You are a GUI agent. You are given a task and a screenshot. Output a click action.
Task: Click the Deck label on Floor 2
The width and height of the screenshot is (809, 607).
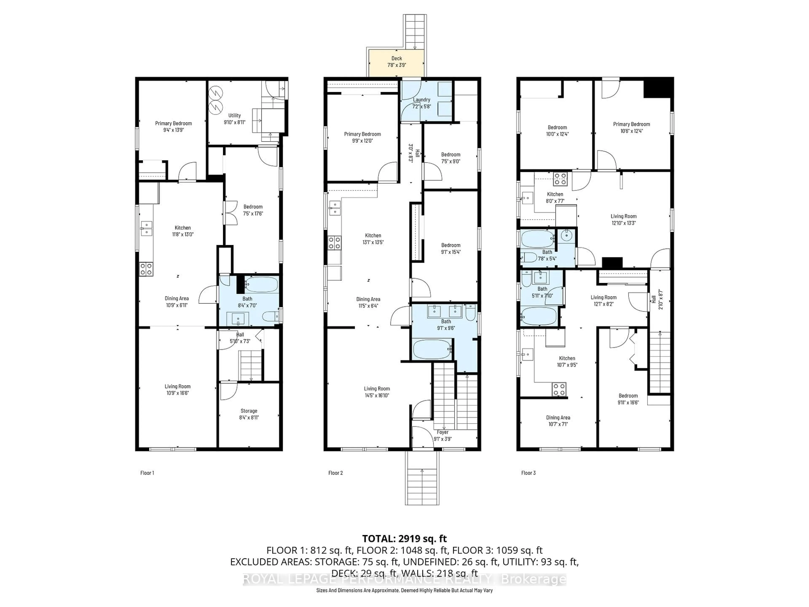pos(396,58)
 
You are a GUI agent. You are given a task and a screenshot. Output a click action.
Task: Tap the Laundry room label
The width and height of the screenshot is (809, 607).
pos(421,99)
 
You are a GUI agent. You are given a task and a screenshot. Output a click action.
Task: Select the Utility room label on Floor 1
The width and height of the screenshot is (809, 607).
pos(234,115)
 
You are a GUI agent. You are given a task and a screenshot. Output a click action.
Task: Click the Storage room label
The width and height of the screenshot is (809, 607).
pos(249,411)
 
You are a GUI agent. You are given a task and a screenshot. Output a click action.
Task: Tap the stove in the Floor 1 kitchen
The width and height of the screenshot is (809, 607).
pos(146,269)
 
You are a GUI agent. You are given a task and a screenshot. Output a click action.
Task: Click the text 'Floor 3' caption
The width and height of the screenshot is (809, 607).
pos(528,473)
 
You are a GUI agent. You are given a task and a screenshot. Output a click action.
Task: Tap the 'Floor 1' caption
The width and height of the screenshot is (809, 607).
pos(147,473)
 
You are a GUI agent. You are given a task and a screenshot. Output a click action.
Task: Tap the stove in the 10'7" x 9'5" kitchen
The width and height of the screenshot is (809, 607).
pos(559,389)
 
